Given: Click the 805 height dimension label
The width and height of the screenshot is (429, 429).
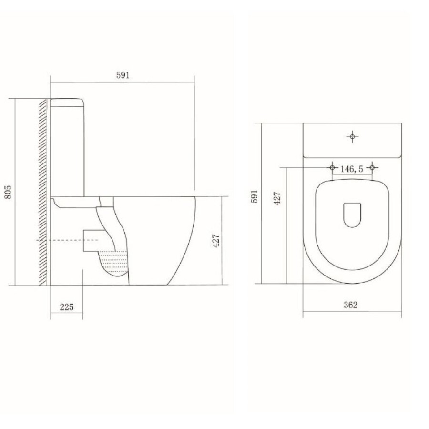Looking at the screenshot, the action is point(9,192).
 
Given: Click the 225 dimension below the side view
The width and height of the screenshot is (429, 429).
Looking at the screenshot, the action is point(67,307).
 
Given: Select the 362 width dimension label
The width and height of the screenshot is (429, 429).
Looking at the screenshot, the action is point(351,305).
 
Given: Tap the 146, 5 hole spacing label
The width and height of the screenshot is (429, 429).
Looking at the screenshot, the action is point(352,169).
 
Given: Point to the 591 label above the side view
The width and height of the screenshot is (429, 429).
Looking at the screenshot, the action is point(123,75).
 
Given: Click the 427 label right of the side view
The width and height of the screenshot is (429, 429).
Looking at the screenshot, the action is point(216,241).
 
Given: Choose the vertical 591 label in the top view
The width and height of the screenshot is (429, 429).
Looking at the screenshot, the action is point(255,196).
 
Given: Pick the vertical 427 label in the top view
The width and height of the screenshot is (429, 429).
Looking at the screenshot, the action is point(277,198).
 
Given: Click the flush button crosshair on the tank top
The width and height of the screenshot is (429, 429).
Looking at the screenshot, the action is point(352,136).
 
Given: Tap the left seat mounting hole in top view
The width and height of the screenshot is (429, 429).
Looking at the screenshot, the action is point(332,167).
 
